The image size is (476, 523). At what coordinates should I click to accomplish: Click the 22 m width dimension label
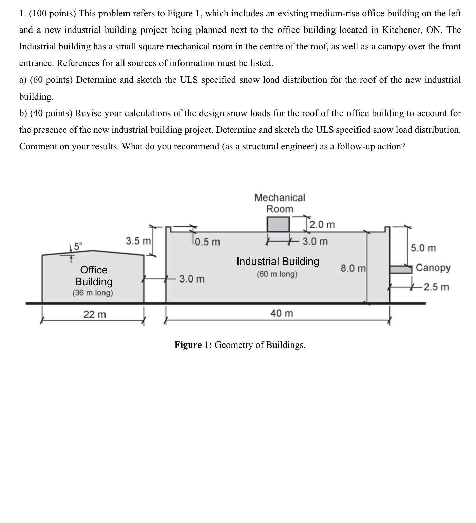pyautogui.click(x=95, y=314)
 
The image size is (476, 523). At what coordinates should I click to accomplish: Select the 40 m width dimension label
pyautogui.click(x=282, y=313)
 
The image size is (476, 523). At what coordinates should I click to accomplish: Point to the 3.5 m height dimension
pyautogui.click(x=138, y=241)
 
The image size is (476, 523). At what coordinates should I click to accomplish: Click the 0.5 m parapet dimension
pyautogui.click(x=207, y=242)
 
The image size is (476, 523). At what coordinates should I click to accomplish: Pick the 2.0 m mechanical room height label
pyautogui.click(x=322, y=225)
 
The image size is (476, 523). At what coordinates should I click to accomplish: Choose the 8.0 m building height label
pyautogui.click(x=353, y=269)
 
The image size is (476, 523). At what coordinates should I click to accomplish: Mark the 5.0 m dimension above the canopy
pyautogui.click(x=423, y=248)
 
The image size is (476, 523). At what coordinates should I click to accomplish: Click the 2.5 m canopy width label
pyautogui.click(x=436, y=287)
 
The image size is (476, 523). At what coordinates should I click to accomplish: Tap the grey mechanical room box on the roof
pyautogui.click(x=278, y=224)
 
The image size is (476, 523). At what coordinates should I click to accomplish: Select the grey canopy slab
pyautogui.click(x=400, y=269)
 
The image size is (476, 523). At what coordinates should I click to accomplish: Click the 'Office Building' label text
pyautogui.click(x=94, y=275)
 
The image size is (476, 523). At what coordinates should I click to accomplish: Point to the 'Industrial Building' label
pyautogui.click(x=278, y=261)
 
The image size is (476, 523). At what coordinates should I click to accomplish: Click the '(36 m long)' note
pyautogui.click(x=93, y=293)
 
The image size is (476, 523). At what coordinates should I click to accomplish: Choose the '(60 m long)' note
pyautogui.click(x=277, y=274)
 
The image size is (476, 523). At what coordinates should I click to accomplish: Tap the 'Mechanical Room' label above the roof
pyautogui.click(x=280, y=203)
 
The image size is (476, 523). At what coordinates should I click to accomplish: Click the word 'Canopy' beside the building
pyautogui.click(x=433, y=268)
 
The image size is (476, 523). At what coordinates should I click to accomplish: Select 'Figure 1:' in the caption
pyautogui.click(x=193, y=345)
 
